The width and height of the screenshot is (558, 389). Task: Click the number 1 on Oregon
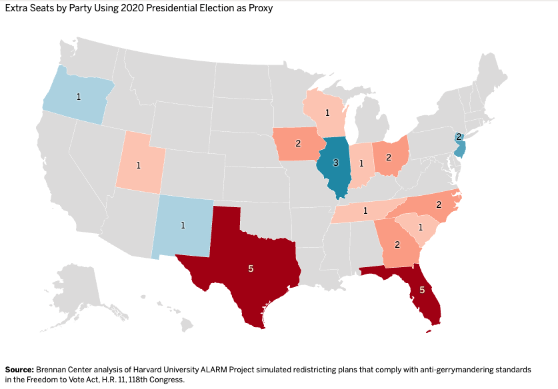(x=79, y=97)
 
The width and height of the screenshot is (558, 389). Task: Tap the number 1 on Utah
(x=139, y=165)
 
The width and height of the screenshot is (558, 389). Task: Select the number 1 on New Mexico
(x=183, y=225)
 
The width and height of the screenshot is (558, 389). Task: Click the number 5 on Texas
(x=251, y=268)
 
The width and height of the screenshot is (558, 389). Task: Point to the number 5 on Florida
(x=422, y=290)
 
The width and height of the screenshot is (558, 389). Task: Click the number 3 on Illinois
(x=335, y=163)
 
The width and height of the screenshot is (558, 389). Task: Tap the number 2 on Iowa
(x=298, y=143)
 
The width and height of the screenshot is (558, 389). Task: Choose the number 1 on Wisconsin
(x=327, y=113)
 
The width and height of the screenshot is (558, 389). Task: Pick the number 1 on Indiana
(x=361, y=163)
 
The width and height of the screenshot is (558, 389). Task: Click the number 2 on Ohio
(x=389, y=157)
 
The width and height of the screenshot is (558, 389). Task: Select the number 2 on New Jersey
(x=459, y=137)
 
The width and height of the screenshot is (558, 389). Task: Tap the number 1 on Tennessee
(x=365, y=211)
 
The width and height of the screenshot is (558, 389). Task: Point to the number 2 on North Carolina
(x=439, y=204)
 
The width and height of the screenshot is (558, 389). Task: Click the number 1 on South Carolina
(x=421, y=227)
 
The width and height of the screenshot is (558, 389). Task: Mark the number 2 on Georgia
(x=397, y=244)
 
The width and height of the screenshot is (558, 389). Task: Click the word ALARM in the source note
(x=213, y=370)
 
